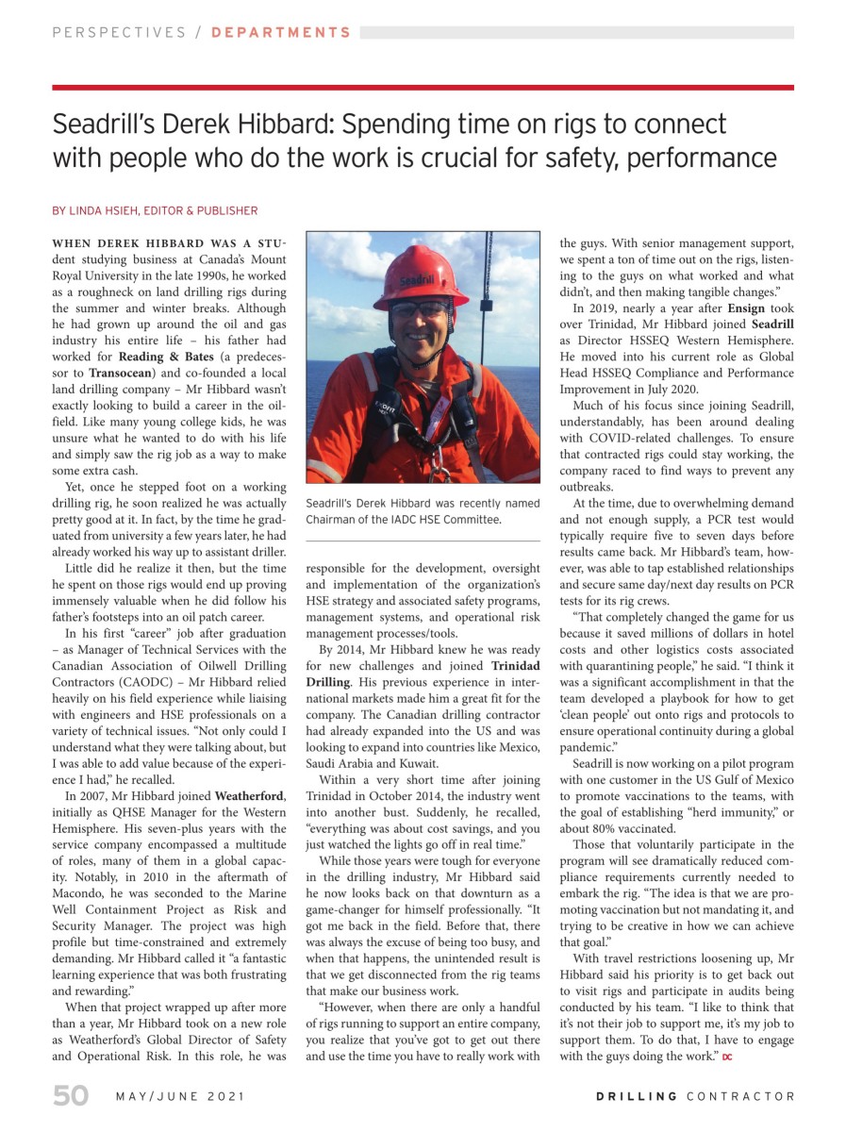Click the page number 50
click(x=70, y=1096)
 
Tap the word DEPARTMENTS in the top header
click(x=281, y=32)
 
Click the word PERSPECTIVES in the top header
click(x=119, y=32)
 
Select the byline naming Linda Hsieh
click(x=155, y=210)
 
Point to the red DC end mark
click(x=726, y=1057)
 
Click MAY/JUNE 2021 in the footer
click(x=179, y=1096)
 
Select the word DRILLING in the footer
click(x=637, y=1096)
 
